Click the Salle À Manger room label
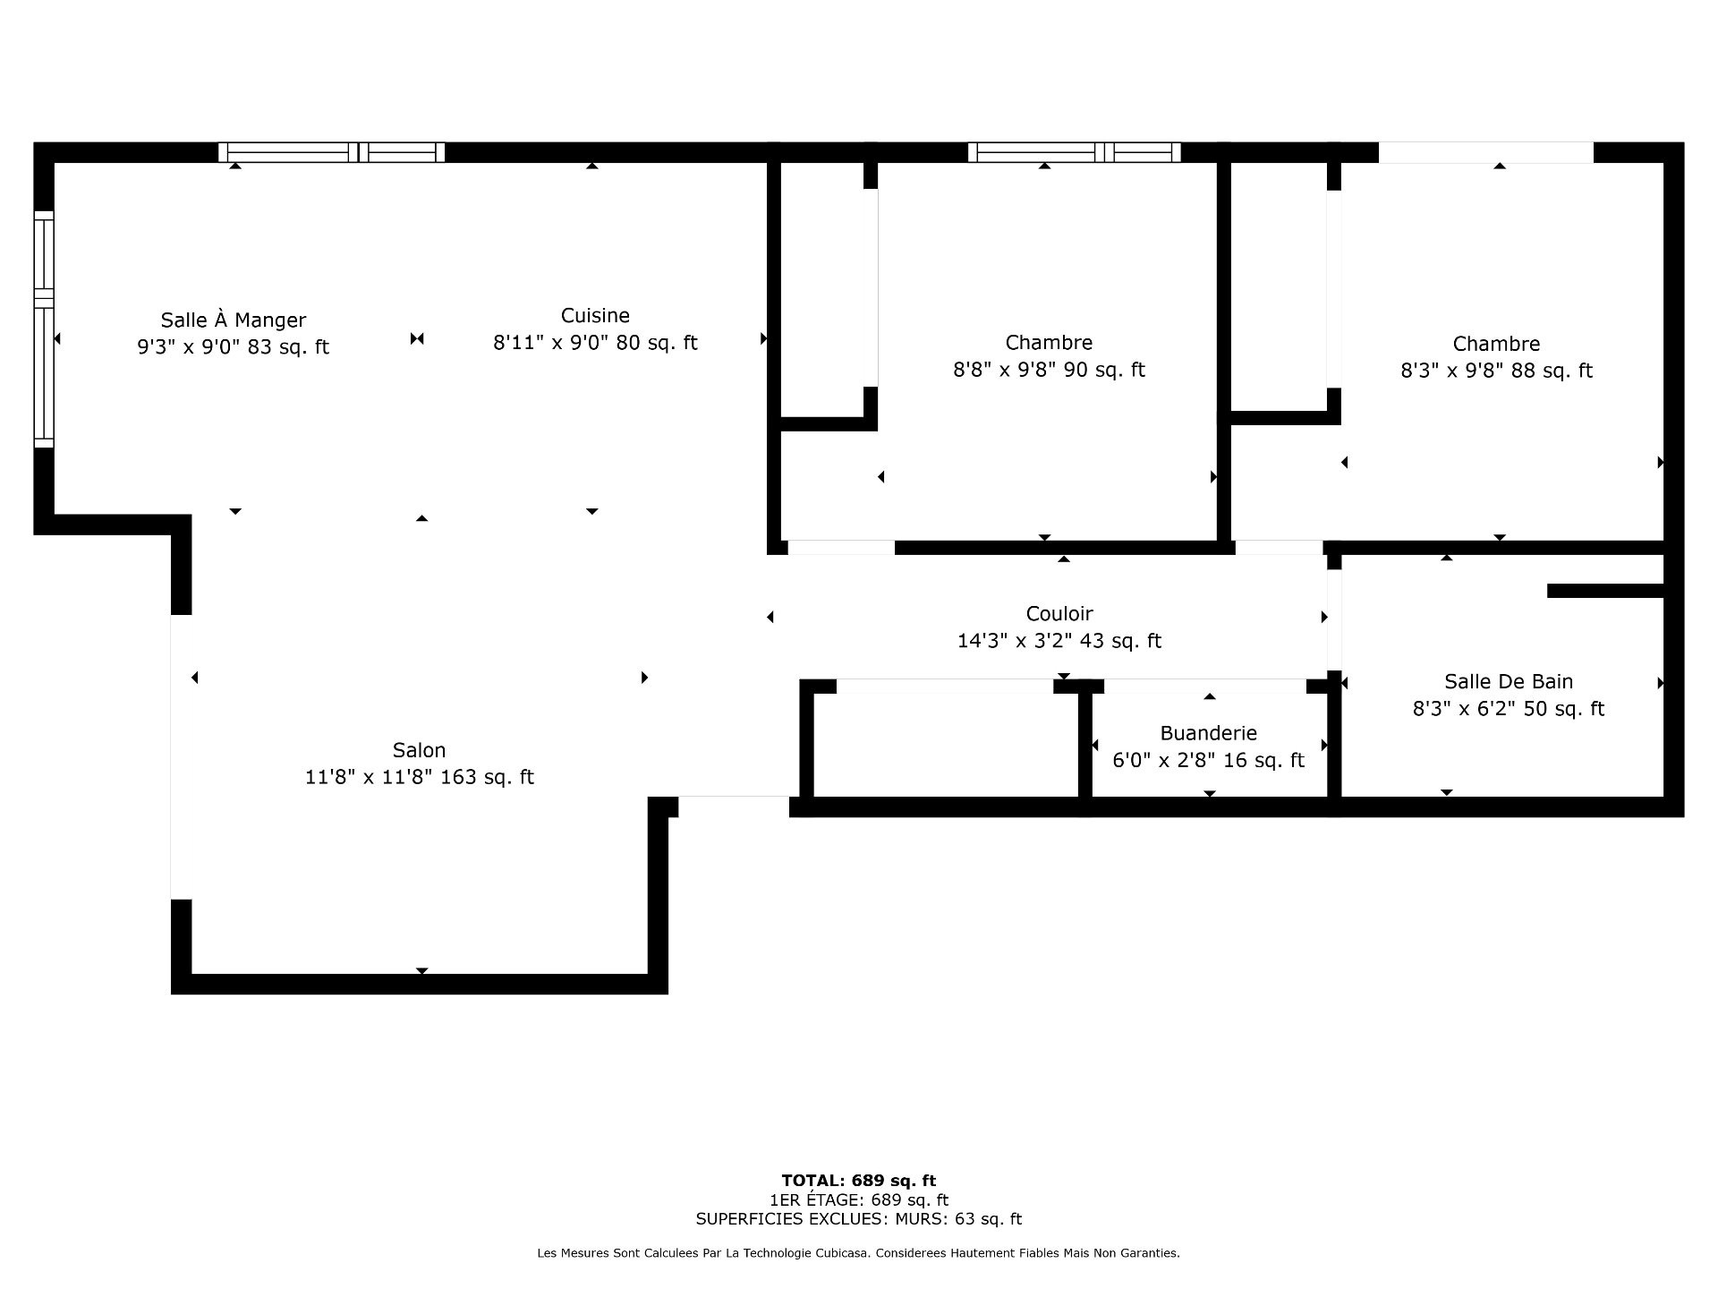(x=234, y=320)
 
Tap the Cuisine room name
(x=595, y=315)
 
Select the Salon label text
(x=419, y=750)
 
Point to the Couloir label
(x=1059, y=613)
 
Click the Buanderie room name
(x=1208, y=733)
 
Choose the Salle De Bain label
(x=1509, y=681)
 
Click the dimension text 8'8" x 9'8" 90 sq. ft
(x=1049, y=370)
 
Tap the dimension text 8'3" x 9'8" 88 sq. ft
(x=1496, y=371)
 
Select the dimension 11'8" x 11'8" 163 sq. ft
(x=419, y=777)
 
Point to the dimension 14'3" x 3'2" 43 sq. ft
(x=1059, y=641)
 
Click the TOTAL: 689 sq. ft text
(x=859, y=1181)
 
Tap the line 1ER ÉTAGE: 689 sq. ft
(x=859, y=1199)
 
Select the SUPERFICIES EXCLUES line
(x=859, y=1218)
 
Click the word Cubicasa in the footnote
(x=842, y=1253)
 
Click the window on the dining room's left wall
(x=44, y=329)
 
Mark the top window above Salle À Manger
(x=332, y=152)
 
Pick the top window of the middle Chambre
(x=1074, y=152)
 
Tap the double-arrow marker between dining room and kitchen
(x=417, y=338)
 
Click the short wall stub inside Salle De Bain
(x=1605, y=591)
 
